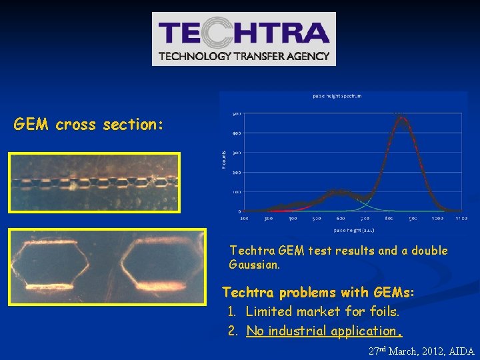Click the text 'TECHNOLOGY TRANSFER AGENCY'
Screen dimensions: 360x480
(244, 56)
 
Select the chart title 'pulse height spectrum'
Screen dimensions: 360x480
(337, 96)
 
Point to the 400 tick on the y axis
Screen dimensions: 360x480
(236, 133)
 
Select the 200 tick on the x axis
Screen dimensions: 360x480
(244, 218)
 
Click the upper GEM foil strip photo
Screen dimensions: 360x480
(94, 181)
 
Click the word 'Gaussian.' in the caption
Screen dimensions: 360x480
(255, 265)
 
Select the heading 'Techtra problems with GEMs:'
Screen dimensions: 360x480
(318, 293)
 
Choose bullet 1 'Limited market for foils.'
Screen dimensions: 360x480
(322, 311)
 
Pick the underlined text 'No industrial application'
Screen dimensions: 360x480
(321, 331)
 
